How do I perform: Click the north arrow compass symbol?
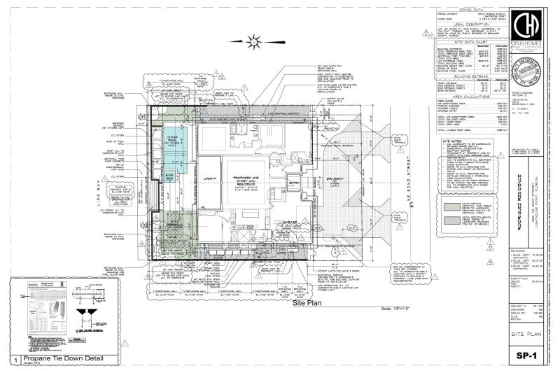[x=254, y=43]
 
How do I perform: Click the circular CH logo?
[x=531, y=27]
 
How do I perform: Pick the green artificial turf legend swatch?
[x=453, y=208]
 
